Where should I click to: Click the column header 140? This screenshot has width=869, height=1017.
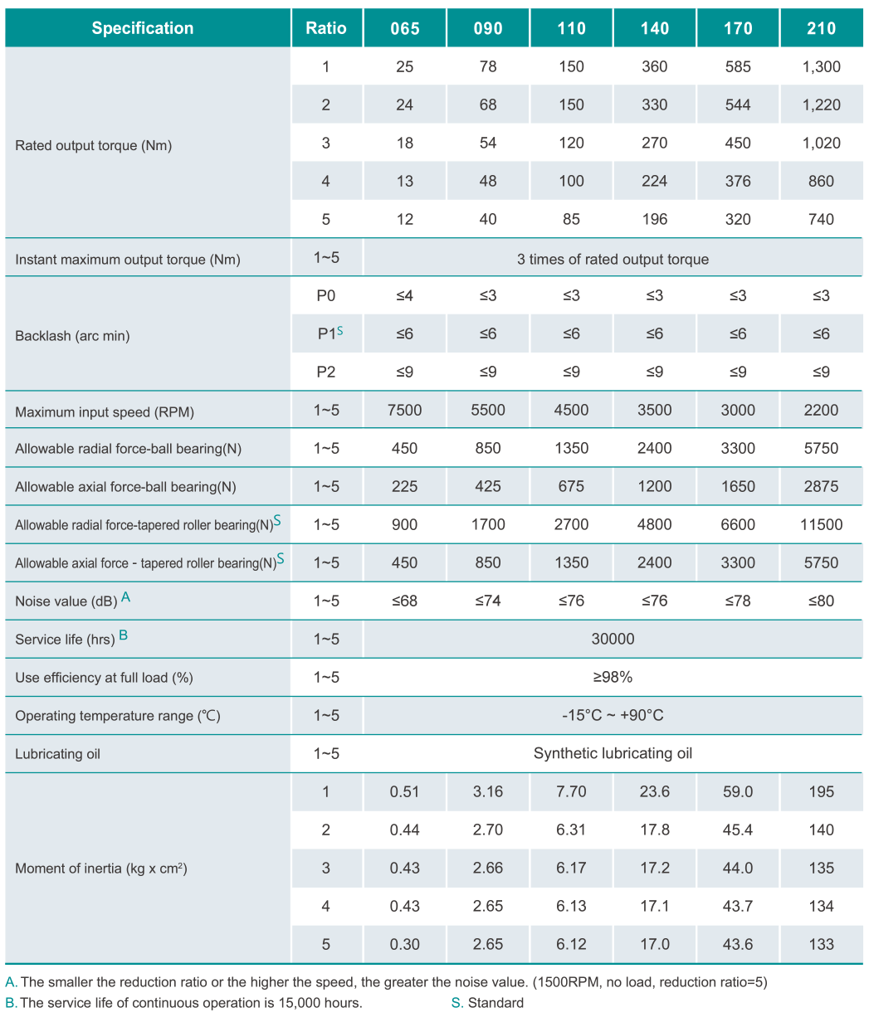654,28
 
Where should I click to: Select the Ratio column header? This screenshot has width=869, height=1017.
326,28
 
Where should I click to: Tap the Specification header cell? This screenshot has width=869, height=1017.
142,28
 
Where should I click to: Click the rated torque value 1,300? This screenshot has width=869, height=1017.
821,66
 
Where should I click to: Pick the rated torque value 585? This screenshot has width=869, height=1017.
738,66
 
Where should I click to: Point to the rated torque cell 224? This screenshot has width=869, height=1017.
654,181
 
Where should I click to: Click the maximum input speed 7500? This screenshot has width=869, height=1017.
404,410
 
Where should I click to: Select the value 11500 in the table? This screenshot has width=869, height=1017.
821,524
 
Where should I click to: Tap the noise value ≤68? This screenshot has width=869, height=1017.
404,601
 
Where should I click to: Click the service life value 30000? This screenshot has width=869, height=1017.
613,639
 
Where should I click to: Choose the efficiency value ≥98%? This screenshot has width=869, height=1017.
613,677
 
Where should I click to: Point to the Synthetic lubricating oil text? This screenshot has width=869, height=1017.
613,753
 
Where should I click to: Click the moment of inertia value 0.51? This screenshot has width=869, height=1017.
404,791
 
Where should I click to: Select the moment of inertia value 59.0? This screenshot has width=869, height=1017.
738,791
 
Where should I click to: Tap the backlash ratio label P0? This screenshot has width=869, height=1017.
326,295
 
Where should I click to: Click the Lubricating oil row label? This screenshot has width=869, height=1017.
57,754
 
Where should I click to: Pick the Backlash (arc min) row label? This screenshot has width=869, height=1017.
72,336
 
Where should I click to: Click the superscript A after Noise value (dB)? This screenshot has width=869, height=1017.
125,596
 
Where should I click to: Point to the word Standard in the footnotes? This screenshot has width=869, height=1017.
496,1003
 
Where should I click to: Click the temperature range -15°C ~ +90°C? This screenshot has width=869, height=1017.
613,715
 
